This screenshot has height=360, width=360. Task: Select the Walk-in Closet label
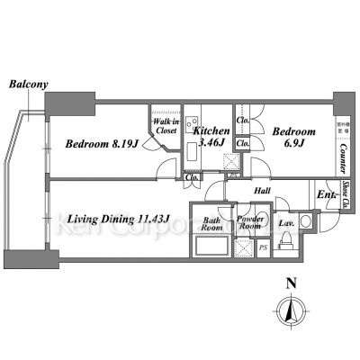coord(165,126)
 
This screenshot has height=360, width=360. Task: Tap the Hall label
coord(263,192)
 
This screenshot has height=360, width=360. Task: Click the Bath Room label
coord(212,224)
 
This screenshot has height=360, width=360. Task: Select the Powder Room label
coord(248,224)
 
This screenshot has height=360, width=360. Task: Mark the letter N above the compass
coord(290,283)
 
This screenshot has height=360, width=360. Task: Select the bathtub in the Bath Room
coord(212,247)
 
